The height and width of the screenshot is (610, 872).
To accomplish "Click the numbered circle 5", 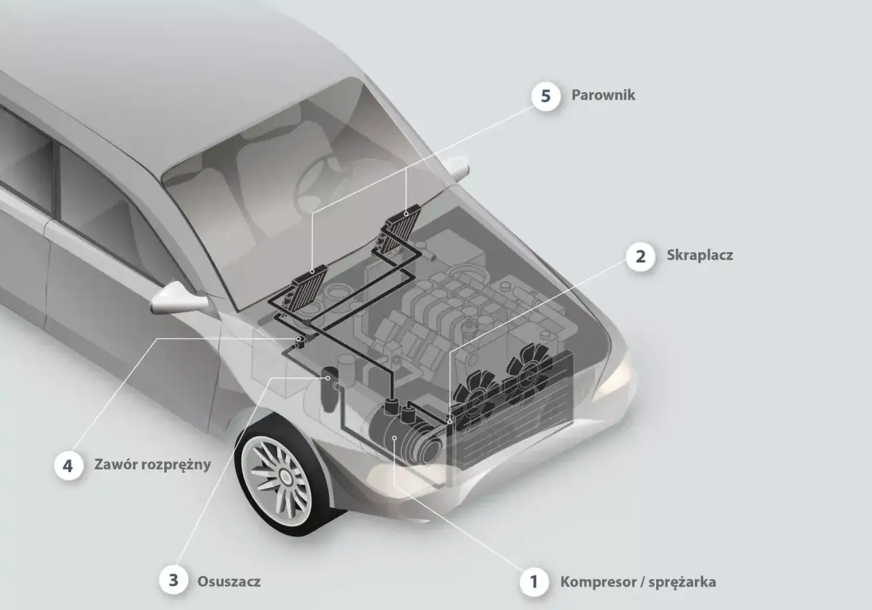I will tap(546, 95).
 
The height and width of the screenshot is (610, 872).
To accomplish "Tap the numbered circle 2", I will tap(640, 257).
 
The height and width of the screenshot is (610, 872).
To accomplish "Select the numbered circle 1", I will tap(534, 582).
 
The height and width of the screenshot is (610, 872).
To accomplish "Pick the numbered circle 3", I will tap(174, 581).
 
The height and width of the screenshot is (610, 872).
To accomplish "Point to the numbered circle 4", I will tap(67, 466).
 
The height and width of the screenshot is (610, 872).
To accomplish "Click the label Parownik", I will tap(603, 95).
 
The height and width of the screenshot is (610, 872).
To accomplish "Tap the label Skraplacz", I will tap(700, 256).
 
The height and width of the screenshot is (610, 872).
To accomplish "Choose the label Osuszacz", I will tap(229, 582).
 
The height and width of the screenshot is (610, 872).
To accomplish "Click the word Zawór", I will tap(116, 466).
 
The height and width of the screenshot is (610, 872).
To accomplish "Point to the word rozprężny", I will tap(177, 466).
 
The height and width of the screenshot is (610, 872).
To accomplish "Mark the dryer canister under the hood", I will tap(330, 390).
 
